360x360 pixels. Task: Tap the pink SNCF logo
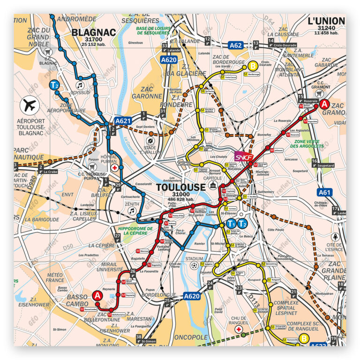(x=243, y=156)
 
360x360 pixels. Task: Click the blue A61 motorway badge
(x=324, y=192)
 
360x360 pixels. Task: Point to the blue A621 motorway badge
(x=123, y=120)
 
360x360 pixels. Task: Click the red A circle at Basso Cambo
(x=97, y=295)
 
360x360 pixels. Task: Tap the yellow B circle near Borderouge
(x=253, y=66)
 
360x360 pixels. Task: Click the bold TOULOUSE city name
(x=180, y=187)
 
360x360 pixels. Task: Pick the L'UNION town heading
(x=326, y=21)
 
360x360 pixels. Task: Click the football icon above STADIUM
(x=194, y=265)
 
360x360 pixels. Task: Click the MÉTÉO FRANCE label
(x=55, y=277)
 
